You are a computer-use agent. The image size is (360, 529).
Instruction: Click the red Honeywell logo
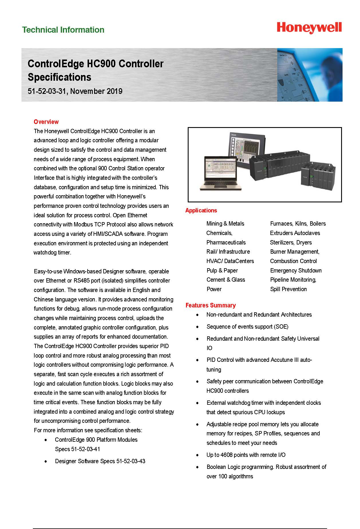pyautogui.click(x=309, y=28)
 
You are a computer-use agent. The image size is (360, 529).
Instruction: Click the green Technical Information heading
pyautogui.click(x=63, y=30)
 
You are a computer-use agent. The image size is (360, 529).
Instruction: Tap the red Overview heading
pyautogui.click(x=46, y=122)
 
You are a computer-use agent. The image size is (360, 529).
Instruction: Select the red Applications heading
pyautogui.click(x=201, y=210)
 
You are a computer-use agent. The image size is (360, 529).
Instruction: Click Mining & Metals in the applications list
pyautogui.click(x=225, y=224)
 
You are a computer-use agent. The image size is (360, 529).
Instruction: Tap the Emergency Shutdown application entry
pyautogui.click(x=296, y=271)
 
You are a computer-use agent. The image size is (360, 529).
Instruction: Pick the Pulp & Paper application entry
pyautogui.click(x=222, y=271)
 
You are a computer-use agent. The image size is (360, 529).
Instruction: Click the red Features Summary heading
pyautogui.click(x=210, y=305)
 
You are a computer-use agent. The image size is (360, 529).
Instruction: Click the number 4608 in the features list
pyautogui.click(x=227, y=455)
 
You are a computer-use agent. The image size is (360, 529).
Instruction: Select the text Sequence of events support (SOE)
pyautogui.click(x=247, y=327)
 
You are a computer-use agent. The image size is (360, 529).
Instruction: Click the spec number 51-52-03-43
pyautogui.click(x=131, y=461)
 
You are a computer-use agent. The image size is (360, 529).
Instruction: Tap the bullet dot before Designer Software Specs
pyautogui.click(x=46, y=461)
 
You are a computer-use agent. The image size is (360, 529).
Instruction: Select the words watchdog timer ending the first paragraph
pyautogui.click(x=52, y=252)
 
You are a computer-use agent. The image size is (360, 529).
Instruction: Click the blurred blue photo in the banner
pyautogui.click(x=310, y=75)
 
